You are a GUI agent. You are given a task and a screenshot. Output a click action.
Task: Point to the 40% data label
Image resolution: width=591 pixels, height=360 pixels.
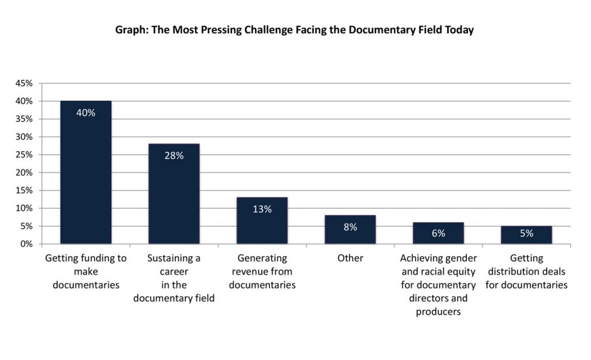pyautogui.click(x=86, y=112)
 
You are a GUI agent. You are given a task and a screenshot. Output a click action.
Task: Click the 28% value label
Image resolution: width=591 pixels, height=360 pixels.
pyautogui.click(x=174, y=155)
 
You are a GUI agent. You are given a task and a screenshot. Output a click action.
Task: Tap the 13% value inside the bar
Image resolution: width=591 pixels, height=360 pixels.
pyautogui.click(x=262, y=209)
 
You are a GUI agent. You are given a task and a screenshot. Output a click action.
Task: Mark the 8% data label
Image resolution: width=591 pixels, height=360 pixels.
pyautogui.click(x=350, y=227)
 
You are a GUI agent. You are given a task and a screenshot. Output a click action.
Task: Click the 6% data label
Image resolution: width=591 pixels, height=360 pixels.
pyautogui.click(x=438, y=233)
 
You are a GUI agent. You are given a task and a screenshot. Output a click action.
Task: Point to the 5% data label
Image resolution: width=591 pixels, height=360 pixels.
pyautogui.click(x=526, y=234)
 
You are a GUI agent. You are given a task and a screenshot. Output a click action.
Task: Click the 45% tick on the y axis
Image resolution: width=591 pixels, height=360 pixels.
pyautogui.click(x=24, y=83)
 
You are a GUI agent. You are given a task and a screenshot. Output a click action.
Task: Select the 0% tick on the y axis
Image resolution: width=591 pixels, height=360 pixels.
pyautogui.click(x=27, y=243)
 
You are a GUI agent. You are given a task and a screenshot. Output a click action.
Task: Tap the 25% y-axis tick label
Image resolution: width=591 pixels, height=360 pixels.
pyautogui.click(x=24, y=155)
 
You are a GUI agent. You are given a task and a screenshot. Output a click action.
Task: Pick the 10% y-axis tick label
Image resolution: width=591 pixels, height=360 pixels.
pyautogui.click(x=24, y=208)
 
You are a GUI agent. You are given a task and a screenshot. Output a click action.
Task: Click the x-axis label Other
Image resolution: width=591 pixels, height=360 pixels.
pyautogui.click(x=350, y=258)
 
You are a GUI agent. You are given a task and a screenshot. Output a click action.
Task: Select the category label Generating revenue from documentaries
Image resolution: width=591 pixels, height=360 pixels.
pyautogui.click(x=262, y=272)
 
